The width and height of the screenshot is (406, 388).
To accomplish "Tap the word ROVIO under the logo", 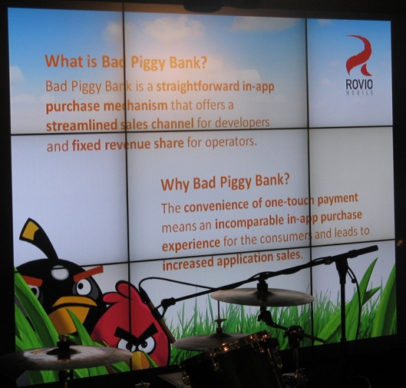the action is [359, 85].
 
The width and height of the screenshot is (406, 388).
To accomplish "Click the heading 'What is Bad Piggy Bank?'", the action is [126, 62].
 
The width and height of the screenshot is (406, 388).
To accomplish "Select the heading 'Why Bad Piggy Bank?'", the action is [225, 181].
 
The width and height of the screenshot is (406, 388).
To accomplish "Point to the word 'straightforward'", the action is [198, 86].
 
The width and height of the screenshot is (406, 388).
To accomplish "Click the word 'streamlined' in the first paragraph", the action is [82, 125].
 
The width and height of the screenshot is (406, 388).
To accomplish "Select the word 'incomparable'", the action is [249, 222].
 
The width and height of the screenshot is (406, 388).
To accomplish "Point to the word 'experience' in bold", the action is [191, 244].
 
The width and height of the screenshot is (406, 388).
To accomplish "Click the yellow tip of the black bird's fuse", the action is [31, 230].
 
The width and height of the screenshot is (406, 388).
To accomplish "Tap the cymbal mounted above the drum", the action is [262, 296].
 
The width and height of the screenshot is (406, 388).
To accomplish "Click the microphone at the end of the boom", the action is [365, 250].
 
